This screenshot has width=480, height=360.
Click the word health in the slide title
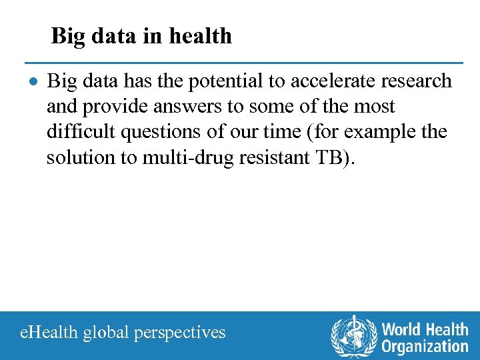click(x=201, y=35)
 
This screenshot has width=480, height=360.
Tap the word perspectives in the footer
click(x=180, y=332)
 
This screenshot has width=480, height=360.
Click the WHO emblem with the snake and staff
click(x=353, y=336)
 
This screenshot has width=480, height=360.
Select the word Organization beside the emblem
click(x=425, y=346)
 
